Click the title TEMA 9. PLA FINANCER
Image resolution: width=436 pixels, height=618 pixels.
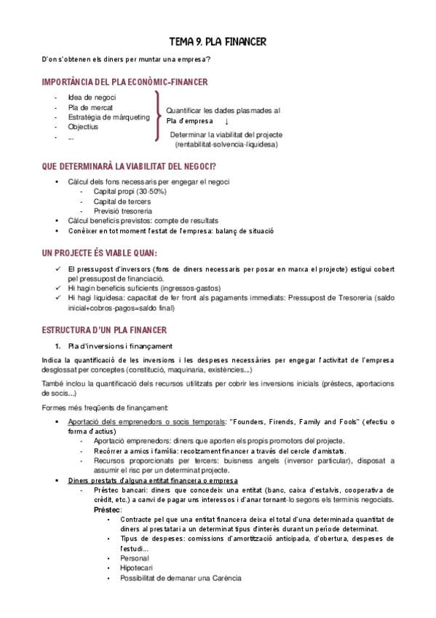click(218, 42)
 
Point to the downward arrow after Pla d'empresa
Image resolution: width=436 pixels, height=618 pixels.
click(226, 122)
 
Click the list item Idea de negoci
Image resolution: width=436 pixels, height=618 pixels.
click(92, 97)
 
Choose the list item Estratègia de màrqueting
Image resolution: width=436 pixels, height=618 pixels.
click(108, 117)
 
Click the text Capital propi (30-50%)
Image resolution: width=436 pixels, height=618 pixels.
click(130, 191)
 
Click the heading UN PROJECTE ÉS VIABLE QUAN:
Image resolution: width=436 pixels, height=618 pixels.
click(100, 253)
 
